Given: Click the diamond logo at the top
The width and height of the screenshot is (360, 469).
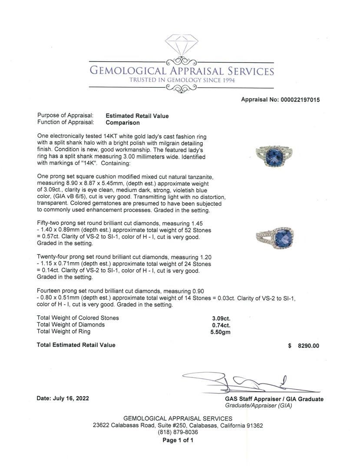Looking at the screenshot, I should tap(182, 44).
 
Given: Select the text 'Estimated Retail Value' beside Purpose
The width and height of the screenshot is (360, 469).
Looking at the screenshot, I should tap(137, 116).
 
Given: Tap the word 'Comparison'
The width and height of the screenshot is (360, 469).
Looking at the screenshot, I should tap(123, 122).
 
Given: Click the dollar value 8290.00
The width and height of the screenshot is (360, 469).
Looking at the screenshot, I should tap(308, 346).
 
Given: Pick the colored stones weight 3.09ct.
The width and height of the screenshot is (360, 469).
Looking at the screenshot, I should tap(221, 318).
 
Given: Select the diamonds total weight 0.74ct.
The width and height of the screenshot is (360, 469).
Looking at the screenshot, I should tap(221, 325).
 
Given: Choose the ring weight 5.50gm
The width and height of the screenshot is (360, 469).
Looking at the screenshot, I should tap(221, 332).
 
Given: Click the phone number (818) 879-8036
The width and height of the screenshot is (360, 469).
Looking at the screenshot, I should tap(178, 432).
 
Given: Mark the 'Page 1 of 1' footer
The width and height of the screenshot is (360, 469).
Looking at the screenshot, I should tap(178, 440).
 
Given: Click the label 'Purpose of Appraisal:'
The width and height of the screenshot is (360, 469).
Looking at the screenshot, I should tap(66, 116).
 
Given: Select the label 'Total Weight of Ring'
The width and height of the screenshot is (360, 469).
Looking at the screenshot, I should tap(64, 331).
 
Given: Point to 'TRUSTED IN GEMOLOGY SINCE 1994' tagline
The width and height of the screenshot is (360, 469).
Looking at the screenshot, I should tap(182, 80).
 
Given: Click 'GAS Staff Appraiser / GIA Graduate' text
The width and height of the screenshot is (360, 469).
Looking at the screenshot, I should tap(274, 399).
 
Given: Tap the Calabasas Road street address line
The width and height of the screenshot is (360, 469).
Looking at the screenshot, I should tap(178, 426).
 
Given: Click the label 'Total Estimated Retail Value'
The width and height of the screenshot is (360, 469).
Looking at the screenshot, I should tap(76, 345).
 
